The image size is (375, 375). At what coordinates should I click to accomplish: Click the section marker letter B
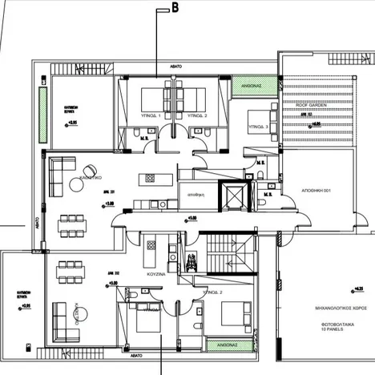174,9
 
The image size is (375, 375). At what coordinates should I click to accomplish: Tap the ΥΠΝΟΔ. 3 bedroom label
258,127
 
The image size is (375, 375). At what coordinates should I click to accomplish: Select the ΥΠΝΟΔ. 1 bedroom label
151,117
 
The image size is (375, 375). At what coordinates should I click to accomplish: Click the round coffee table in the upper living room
76,184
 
